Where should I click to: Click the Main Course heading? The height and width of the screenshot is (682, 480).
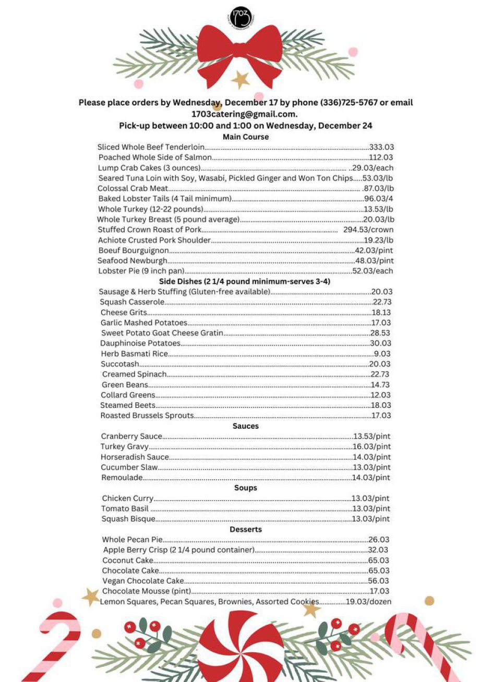[246, 137]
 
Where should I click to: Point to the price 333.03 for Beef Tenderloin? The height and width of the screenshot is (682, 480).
[381, 147]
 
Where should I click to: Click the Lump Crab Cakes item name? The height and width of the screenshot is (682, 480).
[149, 168]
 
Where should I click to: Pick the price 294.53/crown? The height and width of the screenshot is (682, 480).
[368, 230]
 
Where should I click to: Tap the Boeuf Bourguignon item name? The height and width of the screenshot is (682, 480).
[133, 251]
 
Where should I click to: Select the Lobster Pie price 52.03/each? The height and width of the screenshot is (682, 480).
[373, 271]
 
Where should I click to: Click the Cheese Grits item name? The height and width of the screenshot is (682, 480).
[124, 313]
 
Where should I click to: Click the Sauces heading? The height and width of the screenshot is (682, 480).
[246, 426]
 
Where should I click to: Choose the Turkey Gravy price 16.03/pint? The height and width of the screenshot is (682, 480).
[371, 447]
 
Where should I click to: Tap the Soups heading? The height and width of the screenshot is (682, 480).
[246, 488]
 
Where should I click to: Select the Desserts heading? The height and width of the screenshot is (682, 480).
[246, 529]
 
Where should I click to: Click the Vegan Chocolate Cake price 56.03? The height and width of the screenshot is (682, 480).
[378, 581]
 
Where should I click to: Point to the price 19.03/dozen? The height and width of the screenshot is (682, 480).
[368, 602]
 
